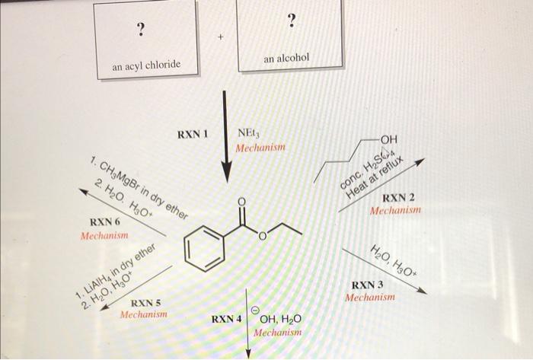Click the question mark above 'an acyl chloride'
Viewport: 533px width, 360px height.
(139, 30)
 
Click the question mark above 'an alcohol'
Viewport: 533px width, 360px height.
(290, 21)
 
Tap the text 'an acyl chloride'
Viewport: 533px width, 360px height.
(147, 65)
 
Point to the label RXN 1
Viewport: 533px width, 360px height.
(193, 134)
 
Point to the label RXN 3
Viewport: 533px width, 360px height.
(369, 285)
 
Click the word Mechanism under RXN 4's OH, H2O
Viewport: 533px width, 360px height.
(278, 333)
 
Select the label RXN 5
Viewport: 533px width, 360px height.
(146, 303)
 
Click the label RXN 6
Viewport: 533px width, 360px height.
(105, 222)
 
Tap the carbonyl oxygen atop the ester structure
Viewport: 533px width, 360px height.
(242, 201)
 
